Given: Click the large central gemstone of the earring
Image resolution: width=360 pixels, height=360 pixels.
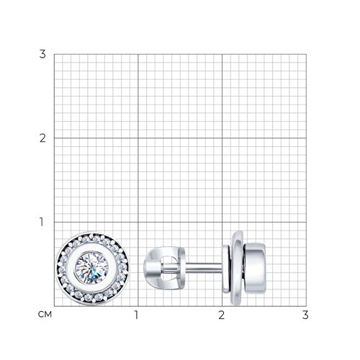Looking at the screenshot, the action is click(x=92, y=268).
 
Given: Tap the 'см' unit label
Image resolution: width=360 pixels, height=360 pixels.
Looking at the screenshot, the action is click(x=45, y=314).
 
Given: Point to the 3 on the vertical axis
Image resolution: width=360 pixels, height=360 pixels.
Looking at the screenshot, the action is click(x=42, y=54).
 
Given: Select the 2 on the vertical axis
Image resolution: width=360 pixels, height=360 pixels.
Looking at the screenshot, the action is click(x=42, y=138).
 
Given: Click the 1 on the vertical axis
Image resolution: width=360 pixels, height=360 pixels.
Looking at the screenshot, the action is click(x=42, y=222).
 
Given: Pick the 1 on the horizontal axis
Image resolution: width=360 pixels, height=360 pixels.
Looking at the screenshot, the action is click(x=137, y=315).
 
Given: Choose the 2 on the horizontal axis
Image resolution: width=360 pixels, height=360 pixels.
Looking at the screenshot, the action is click(x=221, y=315).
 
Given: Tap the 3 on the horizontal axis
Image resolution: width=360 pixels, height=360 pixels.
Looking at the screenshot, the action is click(x=305, y=315).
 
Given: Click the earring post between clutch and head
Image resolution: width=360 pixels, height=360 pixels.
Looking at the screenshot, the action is click(x=204, y=268).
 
